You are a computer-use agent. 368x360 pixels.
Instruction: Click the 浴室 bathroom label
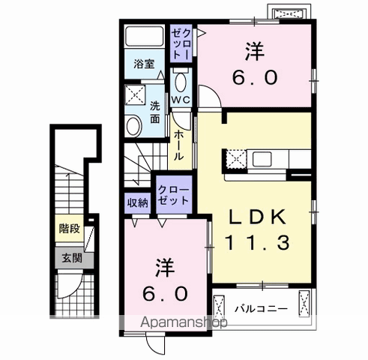(144, 64)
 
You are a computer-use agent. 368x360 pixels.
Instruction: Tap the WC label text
(181, 100)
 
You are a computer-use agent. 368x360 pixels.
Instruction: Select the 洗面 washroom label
(155, 112)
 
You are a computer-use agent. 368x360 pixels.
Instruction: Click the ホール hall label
(179, 145)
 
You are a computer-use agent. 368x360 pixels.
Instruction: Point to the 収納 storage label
(138, 203)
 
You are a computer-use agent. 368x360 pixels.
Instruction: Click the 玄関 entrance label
(72, 258)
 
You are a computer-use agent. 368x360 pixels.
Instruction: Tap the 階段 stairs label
(70, 228)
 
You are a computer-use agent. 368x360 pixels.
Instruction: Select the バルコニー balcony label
(261, 309)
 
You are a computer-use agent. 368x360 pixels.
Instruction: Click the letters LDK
(258, 217)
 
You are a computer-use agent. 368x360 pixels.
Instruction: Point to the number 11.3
(257, 242)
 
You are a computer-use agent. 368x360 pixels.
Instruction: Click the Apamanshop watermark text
(184, 322)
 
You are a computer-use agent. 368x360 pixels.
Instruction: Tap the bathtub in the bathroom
(145, 36)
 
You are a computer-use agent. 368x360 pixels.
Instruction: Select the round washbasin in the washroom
(133, 126)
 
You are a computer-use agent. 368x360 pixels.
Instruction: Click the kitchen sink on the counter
(262, 159)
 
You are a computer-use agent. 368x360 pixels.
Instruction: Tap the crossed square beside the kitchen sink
(236, 159)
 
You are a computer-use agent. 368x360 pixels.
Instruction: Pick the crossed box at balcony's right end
(304, 304)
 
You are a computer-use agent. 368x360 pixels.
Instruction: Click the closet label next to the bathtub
(181, 43)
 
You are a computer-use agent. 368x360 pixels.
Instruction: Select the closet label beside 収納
(174, 195)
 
